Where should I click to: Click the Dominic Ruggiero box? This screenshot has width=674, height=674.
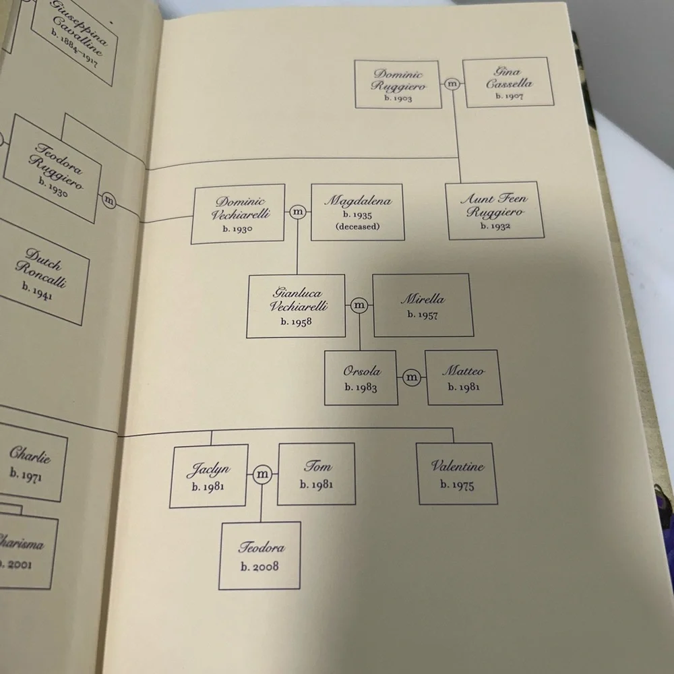pos(398,84)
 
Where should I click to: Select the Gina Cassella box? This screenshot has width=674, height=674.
pos(508,82)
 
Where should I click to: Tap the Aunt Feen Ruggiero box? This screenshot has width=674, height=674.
pos(494,210)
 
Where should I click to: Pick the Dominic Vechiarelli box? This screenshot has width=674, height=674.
pos(238,214)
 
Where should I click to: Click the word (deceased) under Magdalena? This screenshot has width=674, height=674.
pos(358,226)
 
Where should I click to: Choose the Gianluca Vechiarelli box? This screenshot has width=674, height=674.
pos(296,306)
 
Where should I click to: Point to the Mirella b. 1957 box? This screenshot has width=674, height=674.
pos(423,305)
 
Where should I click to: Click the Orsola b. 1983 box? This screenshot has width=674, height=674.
pos(361,378)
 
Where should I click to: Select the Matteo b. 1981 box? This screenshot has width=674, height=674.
pos(464,377)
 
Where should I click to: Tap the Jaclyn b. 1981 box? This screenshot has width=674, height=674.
pos(209,476)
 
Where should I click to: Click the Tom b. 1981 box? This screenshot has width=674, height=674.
pos(316,474)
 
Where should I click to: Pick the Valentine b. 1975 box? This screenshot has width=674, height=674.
pos(457,473)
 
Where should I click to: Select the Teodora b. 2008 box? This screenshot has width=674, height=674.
pos(259,555)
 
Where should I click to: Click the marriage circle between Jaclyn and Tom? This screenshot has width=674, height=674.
pos(262,474)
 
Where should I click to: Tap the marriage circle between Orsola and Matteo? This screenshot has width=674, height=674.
pos(411,377)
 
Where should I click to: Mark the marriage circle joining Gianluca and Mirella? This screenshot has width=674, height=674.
pos(359,305)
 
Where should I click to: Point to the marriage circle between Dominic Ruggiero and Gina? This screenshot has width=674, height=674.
pos(452,84)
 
